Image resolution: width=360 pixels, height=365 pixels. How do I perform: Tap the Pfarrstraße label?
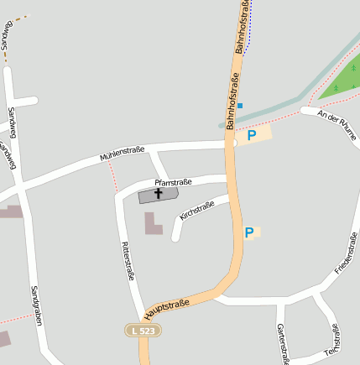pos(174,181)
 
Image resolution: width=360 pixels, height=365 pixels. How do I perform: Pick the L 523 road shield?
pos(143,331)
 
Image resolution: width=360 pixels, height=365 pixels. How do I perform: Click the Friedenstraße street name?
pos(345,253)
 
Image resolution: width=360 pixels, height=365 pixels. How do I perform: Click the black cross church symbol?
pos(158,194)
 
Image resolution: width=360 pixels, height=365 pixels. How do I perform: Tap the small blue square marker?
pos(240,106)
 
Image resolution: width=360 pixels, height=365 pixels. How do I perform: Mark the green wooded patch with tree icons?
pos(342,82)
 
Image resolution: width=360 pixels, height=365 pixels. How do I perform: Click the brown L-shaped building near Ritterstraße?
pos(154,224)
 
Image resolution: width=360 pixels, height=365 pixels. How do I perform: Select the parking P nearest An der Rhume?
pos(251,134)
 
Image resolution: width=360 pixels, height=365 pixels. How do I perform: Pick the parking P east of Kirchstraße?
pos(249,232)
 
